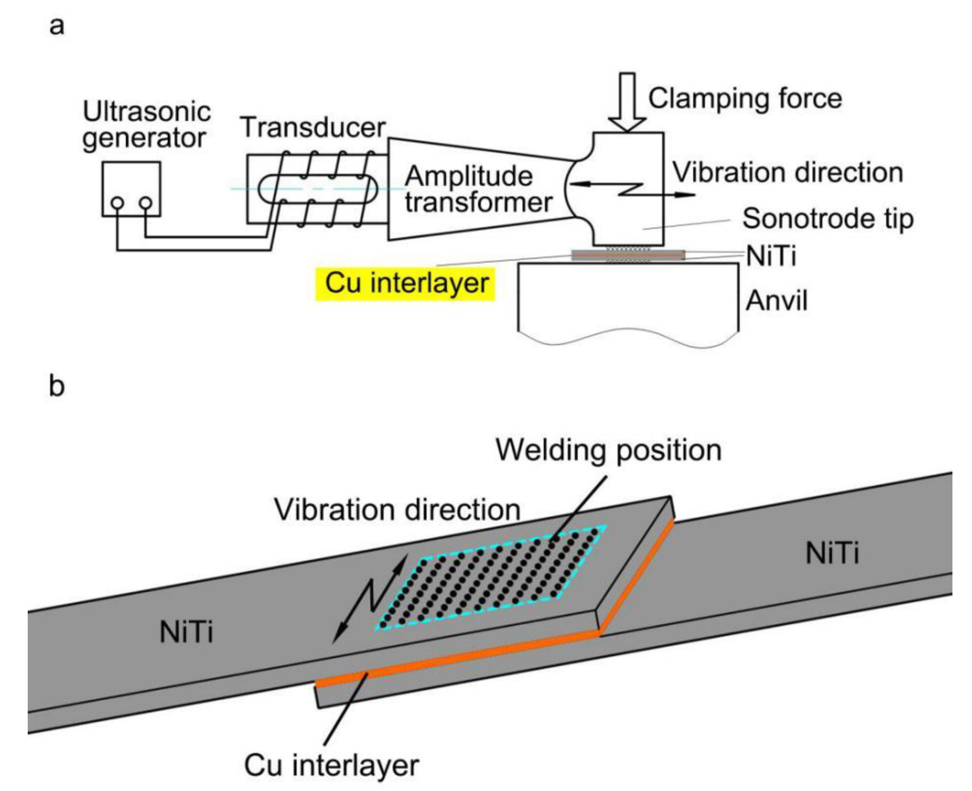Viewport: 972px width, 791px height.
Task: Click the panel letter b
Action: (x=57, y=386)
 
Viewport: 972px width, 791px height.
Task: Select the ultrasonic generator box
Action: (x=131, y=189)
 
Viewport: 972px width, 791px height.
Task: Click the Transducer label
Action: (x=313, y=127)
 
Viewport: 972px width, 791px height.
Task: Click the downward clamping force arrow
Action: (x=627, y=103)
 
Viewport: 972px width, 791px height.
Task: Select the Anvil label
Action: (x=776, y=301)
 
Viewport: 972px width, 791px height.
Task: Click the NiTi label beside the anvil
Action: (x=771, y=256)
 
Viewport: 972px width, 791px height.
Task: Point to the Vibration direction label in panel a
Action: (x=788, y=173)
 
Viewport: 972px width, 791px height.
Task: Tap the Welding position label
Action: (x=609, y=451)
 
